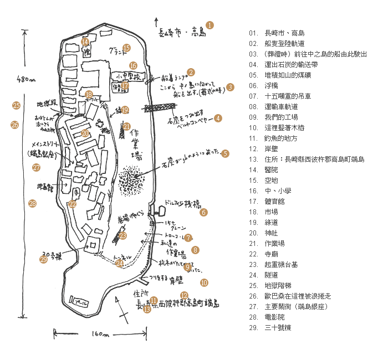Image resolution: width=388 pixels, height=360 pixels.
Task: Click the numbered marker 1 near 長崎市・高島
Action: click(210, 25)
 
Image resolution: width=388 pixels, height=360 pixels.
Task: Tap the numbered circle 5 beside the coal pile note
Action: click(225, 153)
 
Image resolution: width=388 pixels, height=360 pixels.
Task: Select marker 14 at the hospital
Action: click(85, 42)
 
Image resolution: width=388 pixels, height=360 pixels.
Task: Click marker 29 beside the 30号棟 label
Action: click(44, 259)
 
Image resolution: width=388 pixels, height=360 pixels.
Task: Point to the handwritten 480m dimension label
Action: click(26, 79)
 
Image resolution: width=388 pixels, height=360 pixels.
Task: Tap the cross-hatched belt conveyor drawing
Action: click(156, 109)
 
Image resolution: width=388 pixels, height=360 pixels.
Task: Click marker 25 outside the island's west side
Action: click(16, 105)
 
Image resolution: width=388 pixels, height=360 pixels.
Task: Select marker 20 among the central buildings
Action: click(85, 133)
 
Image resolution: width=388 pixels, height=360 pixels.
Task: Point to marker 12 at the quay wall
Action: click(185, 295)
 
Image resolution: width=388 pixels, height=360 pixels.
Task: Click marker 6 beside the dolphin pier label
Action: click(203, 212)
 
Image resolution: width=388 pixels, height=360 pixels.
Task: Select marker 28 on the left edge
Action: click(32, 204)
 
